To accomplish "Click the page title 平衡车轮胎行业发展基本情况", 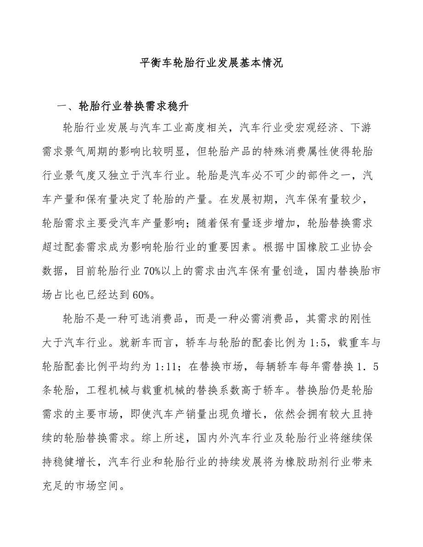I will point(211,63).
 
